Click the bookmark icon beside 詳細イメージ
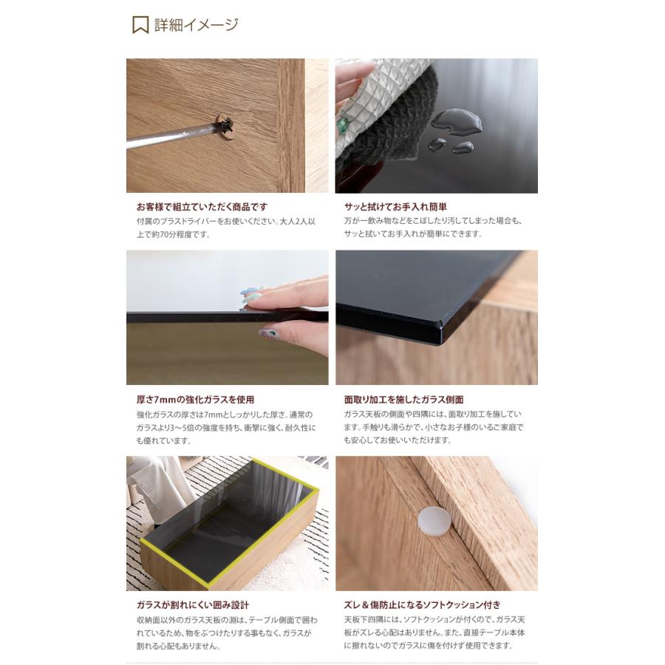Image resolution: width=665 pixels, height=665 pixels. point(140,25)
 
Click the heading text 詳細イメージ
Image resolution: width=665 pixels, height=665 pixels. point(196,25)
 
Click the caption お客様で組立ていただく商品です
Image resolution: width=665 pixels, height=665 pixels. point(202,207)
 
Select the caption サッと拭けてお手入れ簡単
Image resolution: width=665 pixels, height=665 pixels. point(395,207)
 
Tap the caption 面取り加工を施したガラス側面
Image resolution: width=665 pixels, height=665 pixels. point(403,400)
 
